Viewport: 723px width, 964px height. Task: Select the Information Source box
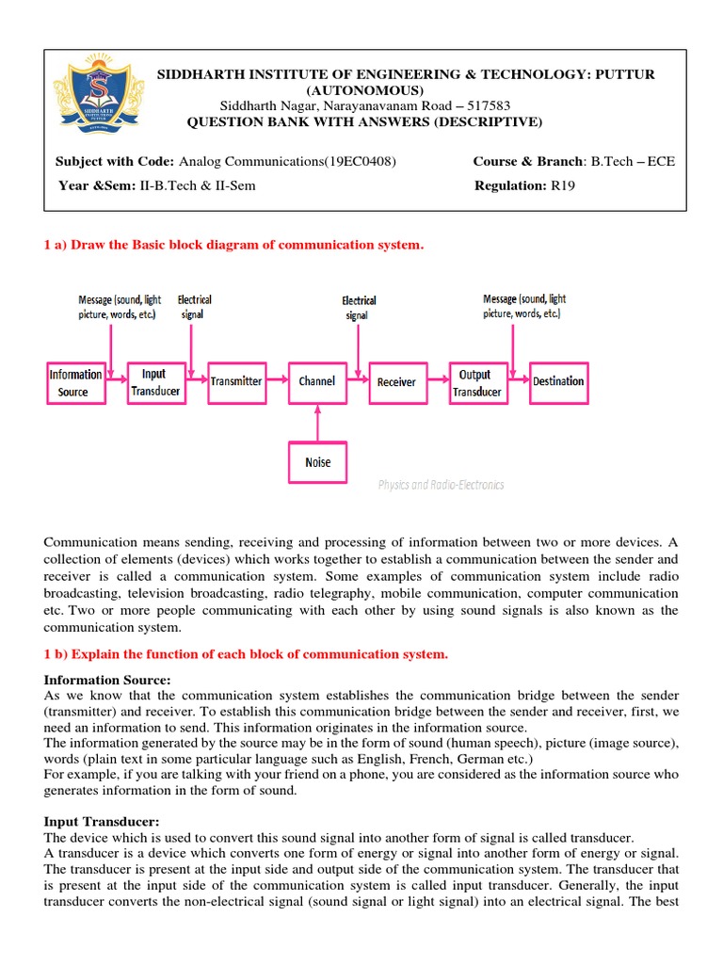coord(75,382)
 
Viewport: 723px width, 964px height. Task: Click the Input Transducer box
coord(154,382)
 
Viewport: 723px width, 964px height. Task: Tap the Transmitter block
coord(235,381)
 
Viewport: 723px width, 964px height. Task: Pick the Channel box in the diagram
coord(316,381)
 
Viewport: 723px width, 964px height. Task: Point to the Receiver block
coord(396,381)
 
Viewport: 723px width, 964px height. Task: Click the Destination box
coord(558,381)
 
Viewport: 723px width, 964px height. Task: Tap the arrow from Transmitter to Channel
coord(276,381)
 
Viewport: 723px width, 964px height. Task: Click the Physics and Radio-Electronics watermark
coord(441,485)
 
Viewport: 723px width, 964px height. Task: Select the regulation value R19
coord(562,185)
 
